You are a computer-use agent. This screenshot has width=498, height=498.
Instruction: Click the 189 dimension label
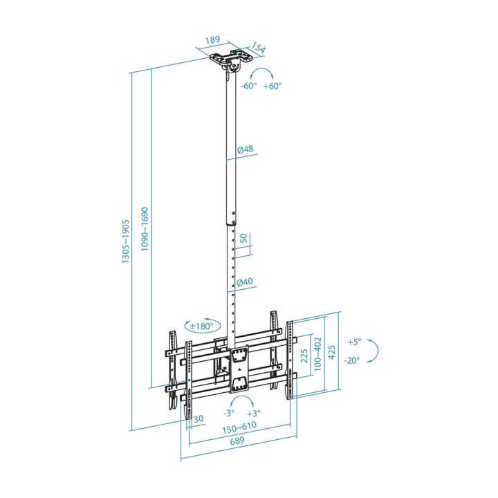point(212,39)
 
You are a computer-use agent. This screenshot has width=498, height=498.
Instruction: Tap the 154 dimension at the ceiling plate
point(259,48)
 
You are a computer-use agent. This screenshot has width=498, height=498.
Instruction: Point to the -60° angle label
point(248,86)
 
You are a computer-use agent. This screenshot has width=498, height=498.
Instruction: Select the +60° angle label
point(273,86)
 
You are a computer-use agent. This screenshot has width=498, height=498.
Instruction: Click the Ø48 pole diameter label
point(246,149)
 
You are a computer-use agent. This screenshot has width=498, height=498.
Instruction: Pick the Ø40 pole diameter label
point(245,282)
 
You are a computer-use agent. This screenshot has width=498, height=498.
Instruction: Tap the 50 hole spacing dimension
point(243,238)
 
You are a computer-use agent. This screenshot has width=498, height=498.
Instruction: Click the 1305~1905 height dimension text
point(126,241)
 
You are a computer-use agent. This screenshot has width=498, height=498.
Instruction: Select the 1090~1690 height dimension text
point(145,229)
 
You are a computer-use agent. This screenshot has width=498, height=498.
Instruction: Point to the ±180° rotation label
point(202,326)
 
